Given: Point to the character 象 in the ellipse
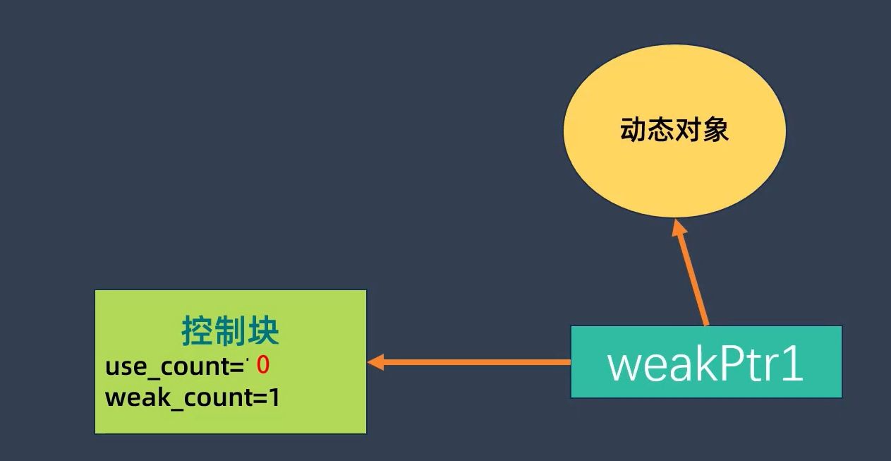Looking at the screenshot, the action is pyautogui.click(x=715, y=130).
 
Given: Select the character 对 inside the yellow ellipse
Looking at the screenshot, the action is pyautogui.click(x=688, y=130).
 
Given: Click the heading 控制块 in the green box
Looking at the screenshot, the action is pyautogui.click(x=230, y=330).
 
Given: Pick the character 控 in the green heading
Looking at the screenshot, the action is pyautogui.click(x=198, y=330).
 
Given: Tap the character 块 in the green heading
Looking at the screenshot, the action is pyautogui.click(x=263, y=330).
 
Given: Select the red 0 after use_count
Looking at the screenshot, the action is pyautogui.click(x=263, y=366).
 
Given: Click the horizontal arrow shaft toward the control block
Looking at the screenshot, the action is pyautogui.click(x=480, y=363).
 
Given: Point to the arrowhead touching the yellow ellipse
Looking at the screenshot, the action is pyautogui.click(x=679, y=228).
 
